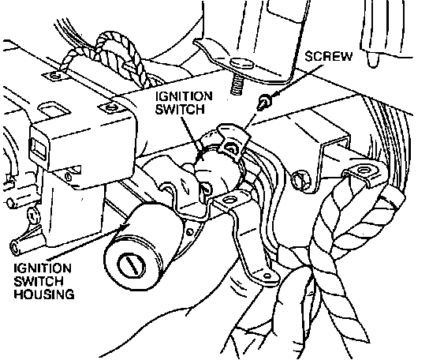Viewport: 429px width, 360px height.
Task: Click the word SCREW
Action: pos(328,56)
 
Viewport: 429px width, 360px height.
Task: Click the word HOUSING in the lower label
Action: pos(44,294)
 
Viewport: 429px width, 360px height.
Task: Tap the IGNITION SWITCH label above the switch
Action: pos(184,103)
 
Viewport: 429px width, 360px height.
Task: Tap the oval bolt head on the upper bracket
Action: pos(241,63)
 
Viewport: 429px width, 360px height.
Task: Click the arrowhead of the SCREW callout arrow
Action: pos(275,93)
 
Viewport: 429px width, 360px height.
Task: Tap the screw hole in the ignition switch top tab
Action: pos(229,148)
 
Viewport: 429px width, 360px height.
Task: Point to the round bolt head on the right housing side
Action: pos(300,180)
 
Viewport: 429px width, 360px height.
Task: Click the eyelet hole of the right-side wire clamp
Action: pos(363,171)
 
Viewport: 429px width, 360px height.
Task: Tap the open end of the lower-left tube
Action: pos(14,247)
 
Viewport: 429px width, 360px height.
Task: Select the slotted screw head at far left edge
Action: pos(32,216)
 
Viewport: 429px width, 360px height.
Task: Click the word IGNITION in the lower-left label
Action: pos(43,268)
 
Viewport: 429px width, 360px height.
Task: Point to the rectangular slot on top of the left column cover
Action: pos(54,108)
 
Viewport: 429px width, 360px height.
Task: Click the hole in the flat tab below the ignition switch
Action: pos(229,200)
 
